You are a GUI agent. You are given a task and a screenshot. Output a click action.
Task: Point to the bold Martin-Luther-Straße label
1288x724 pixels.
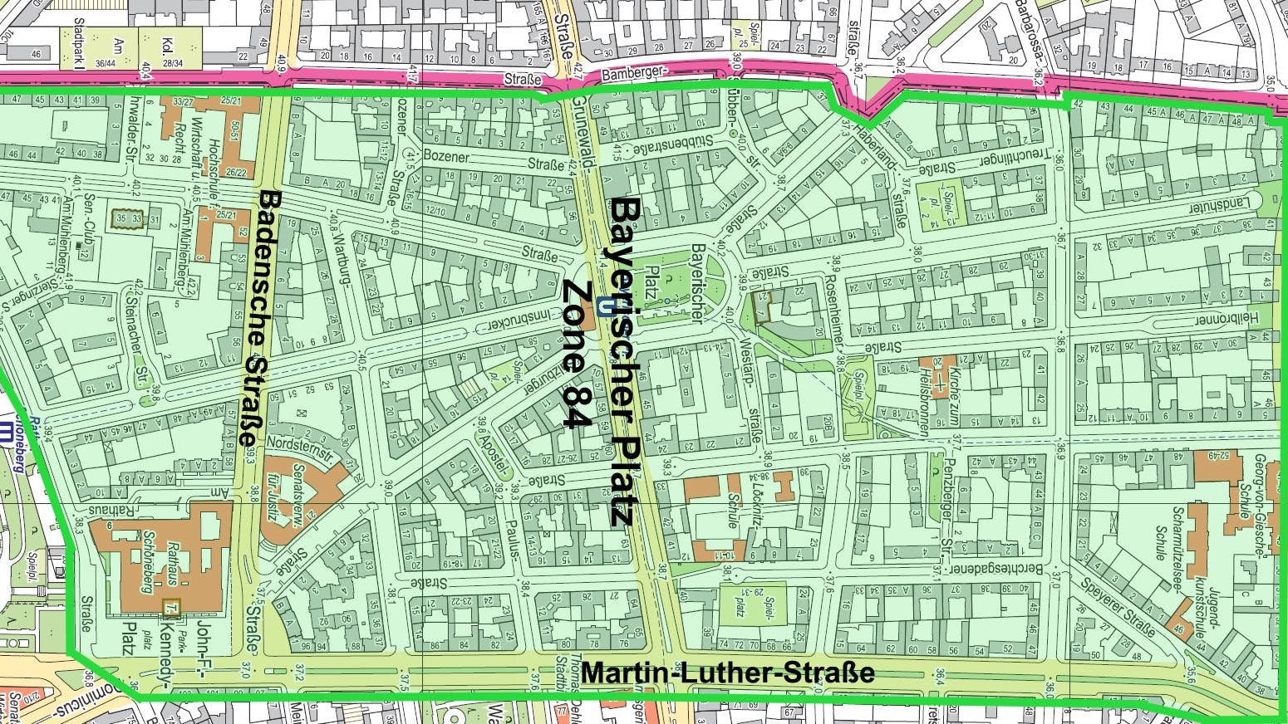point(727,673)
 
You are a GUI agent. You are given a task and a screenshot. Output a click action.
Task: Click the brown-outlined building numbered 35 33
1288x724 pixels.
point(128,218)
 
